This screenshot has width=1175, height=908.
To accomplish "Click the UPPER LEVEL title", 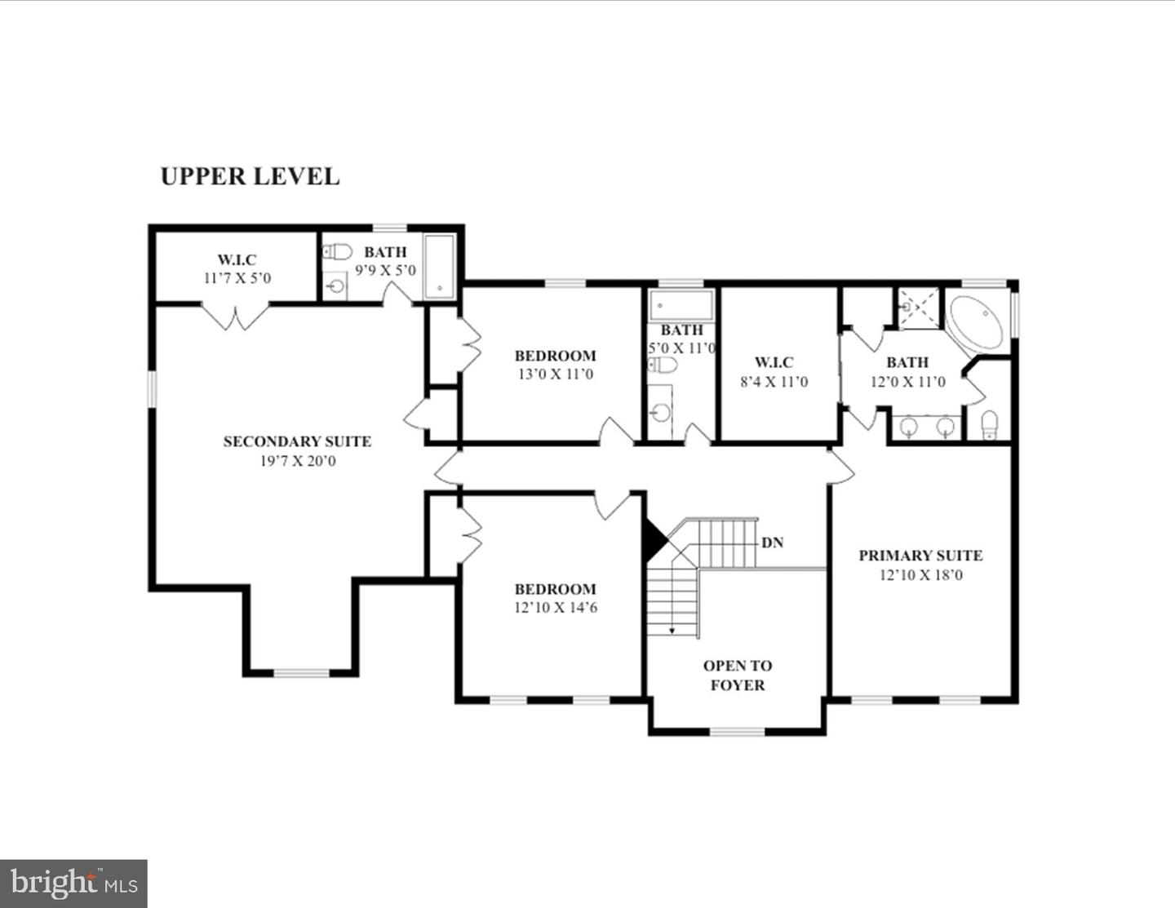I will point(250,176).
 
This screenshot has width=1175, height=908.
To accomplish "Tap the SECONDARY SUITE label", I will point(297,441).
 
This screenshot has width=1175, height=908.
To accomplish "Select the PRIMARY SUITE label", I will point(920,556).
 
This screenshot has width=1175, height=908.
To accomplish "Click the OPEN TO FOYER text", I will point(737,675).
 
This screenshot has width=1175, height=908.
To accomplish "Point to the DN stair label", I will point(772,543).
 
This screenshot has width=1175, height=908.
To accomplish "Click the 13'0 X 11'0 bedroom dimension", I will point(555,374).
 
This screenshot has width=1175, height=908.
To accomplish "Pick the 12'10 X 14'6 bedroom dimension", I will point(556,608).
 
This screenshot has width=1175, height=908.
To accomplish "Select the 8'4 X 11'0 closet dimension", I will point(774,382).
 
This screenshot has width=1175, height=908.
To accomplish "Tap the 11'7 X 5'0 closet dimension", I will point(237,278).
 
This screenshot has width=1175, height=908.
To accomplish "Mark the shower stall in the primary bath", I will point(919,308).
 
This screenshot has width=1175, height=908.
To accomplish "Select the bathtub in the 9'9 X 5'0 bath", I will point(439,267).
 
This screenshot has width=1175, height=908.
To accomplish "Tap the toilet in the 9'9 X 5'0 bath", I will point(337,251).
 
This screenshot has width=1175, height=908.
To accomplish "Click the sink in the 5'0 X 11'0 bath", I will point(660,413).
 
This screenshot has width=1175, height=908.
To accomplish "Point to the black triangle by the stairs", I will point(654,541).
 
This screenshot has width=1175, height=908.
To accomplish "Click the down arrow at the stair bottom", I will point(672,629).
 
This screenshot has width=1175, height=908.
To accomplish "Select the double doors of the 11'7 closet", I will point(235,317).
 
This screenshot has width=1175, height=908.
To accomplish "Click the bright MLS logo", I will point(73,884).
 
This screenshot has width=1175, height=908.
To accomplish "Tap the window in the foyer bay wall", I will point(737,732).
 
